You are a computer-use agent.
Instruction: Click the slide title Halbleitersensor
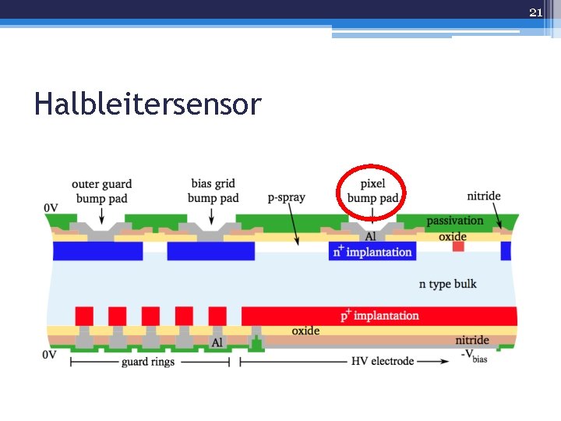click(147, 103)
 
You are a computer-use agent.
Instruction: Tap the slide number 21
click(535, 12)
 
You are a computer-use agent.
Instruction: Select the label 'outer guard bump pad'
click(101, 191)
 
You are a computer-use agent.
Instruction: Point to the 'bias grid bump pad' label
click(213, 191)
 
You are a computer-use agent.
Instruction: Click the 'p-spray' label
click(286, 197)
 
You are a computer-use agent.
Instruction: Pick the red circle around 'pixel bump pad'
click(371, 165)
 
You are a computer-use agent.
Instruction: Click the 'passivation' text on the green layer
click(455, 221)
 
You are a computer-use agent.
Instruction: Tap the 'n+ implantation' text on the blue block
click(372, 252)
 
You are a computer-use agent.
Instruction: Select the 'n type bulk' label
click(447, 284)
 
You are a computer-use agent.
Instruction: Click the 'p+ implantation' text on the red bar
click(379, 316)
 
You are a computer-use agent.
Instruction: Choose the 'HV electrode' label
click(381, 361)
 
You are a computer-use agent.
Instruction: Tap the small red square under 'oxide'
click(458, 246)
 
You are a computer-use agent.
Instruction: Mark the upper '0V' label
click(51, 207)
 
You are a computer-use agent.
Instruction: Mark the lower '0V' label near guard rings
click(50, 355)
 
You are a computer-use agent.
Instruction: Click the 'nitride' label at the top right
click(484, 196)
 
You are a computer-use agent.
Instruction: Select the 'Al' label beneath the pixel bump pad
click(370, 236)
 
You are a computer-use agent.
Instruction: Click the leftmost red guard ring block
click(84, 316)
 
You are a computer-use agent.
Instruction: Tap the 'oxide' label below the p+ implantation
click(305, 331)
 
